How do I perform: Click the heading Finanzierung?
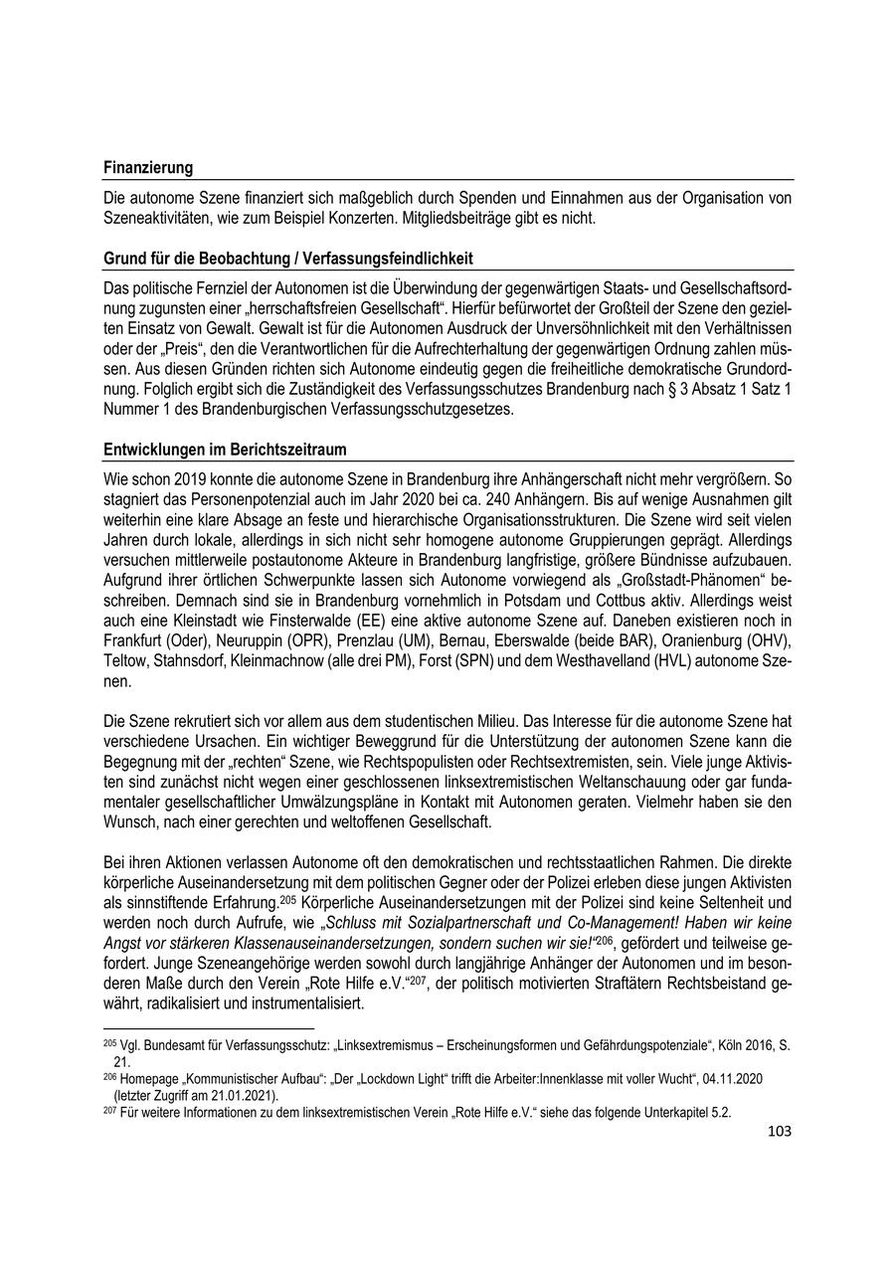148,168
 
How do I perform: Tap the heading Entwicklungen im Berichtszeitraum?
225,449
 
